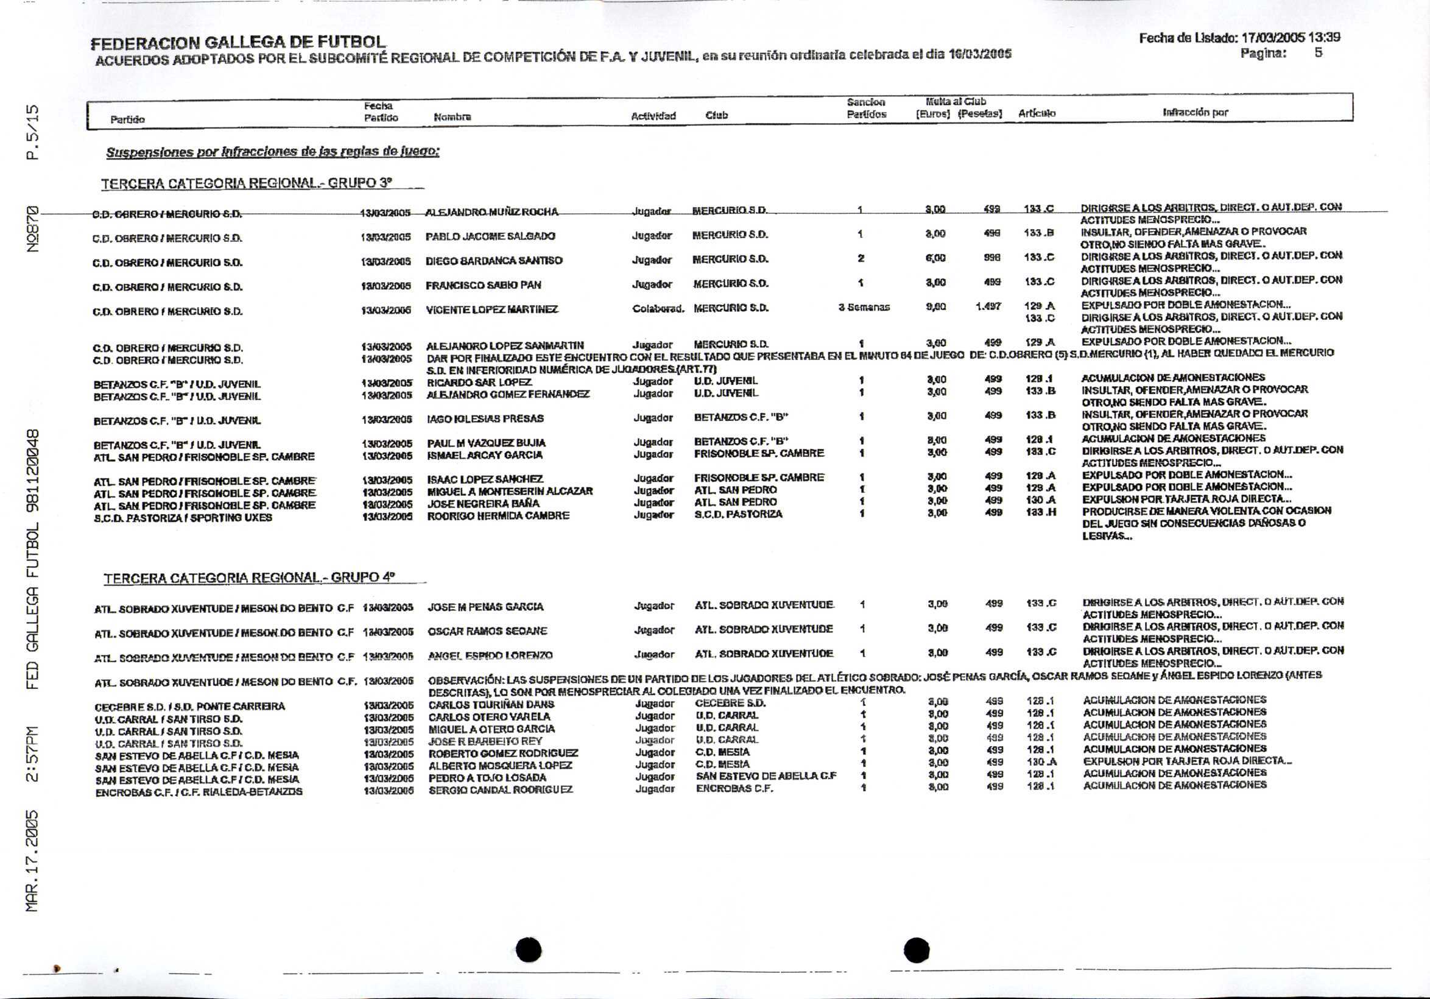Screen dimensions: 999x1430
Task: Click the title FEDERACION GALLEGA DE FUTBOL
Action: [238, 43]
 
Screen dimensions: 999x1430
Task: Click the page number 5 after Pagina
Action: [1319, 53]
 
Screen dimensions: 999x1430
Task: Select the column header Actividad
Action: [653, 116]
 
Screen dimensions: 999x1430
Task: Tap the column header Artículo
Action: [1037, 113]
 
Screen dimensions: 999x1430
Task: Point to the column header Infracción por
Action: [1195, 113]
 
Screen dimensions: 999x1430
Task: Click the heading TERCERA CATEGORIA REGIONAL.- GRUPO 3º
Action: [247, 184]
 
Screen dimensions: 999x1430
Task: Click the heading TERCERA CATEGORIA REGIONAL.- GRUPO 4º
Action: [249, 578]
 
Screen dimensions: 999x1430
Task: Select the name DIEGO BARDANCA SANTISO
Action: [494, 260]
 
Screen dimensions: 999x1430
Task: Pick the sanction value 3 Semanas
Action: [864, 307]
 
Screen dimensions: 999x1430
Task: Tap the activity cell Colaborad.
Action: [658, 308]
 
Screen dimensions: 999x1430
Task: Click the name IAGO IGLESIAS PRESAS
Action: [485, 418]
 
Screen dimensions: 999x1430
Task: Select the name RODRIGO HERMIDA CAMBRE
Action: [498, 516]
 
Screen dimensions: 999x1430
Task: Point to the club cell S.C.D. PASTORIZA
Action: [738, 515]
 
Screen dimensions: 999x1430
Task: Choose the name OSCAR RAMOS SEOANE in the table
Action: [487, 631]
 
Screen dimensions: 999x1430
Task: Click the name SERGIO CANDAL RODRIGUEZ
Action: [501, 789]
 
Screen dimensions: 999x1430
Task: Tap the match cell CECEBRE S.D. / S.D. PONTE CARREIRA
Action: [189, 706]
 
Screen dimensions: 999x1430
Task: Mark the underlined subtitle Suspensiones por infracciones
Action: [273, 152]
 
